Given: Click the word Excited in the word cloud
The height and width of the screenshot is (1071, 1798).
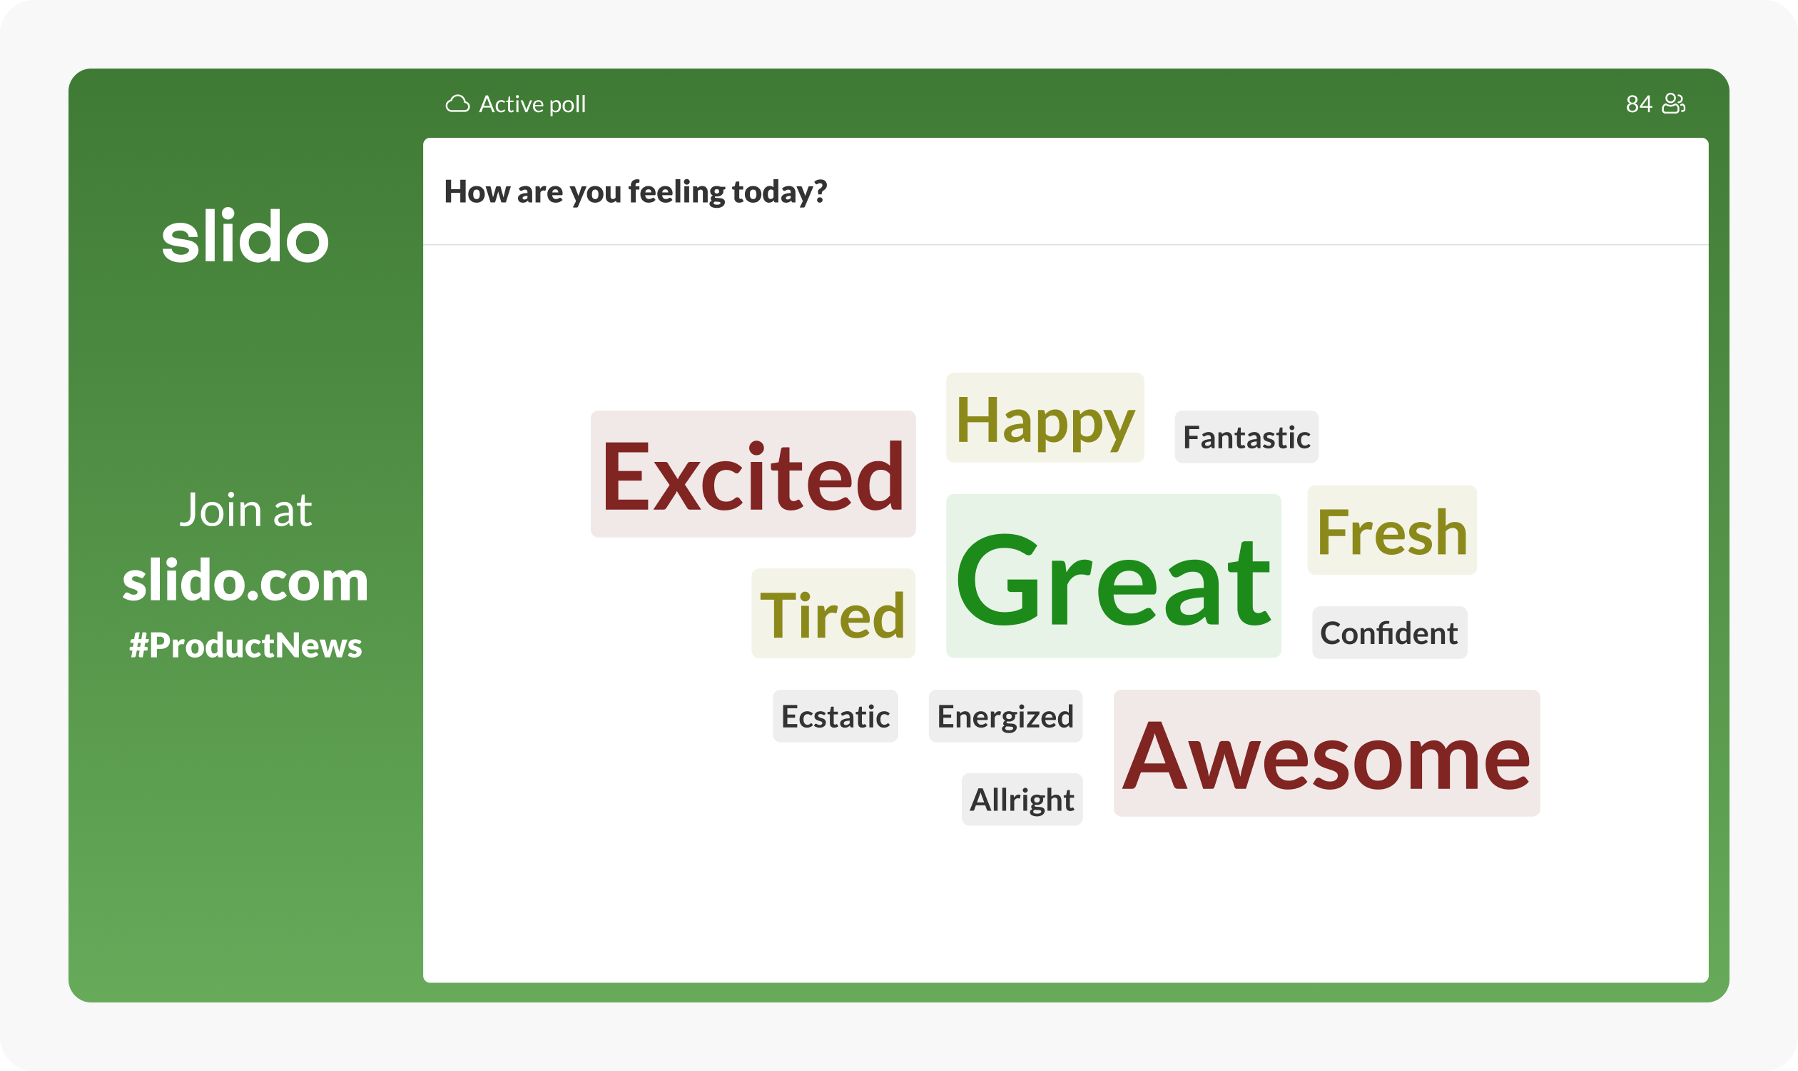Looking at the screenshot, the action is coord(753,474).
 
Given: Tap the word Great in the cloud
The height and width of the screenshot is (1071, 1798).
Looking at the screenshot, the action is coord(1114,576).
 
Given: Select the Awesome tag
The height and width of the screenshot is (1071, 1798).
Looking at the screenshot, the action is coord(1327,753).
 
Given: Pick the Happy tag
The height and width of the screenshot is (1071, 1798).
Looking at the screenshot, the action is coord(1045,418).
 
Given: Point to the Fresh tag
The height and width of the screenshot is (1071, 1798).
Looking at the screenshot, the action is coord(1392,531).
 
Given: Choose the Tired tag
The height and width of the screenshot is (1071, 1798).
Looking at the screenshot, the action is coord(833,613).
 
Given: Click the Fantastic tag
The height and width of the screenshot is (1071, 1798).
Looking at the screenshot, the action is coord(1246,438).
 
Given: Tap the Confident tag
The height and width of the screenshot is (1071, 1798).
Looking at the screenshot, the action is coord(1389,633).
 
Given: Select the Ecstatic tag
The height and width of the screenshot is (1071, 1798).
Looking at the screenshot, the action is coord(835,716).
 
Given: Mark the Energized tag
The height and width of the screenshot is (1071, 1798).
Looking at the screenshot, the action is coord(1005,716).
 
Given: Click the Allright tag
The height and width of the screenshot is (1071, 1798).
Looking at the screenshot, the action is coord(1022,800).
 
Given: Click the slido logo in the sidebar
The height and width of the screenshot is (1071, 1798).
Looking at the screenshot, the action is coord(245,236).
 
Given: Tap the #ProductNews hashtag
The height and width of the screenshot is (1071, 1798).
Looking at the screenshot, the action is coord(245,645).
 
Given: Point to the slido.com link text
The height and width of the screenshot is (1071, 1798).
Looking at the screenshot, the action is coord(245,581).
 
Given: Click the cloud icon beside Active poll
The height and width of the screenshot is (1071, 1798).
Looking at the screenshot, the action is coord(457,104).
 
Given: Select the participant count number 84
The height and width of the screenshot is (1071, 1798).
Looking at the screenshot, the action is coord(1639,104).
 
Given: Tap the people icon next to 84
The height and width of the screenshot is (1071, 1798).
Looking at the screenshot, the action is coord(1673,104).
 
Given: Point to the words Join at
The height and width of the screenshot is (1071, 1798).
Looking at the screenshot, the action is coord(245,511).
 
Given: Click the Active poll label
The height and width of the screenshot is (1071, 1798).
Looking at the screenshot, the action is coord(532,105).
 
